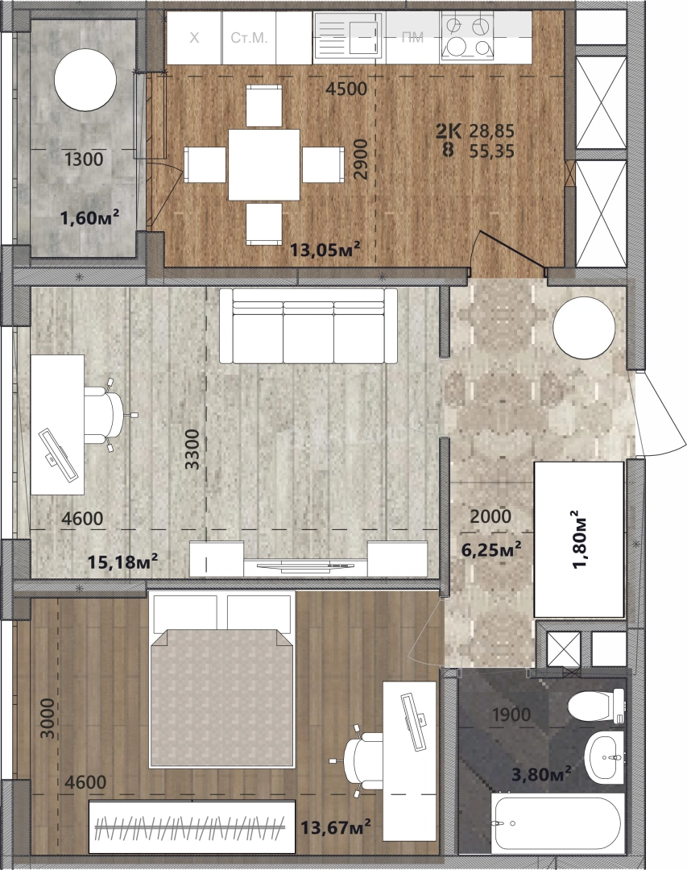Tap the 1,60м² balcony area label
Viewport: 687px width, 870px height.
pyautogui.click(x=90, y=217)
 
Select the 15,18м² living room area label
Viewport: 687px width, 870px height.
pyautogui.click(x=122, y=561)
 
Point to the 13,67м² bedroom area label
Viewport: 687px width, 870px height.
pyautogui.click(x=336, y=828)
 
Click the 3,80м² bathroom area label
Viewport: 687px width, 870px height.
pyautogui.click(x=541, y=773)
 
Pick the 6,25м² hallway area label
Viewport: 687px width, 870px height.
pyautogui.click(x=491, y=549)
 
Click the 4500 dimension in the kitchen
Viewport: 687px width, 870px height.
pyautogui.click(x=346, y=89)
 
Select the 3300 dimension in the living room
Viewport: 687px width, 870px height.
pyautogui.click(x=192, y=449)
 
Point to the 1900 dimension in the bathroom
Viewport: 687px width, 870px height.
pyautogui.click(x=511, y=715)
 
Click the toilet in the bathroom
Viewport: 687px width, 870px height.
pyautogui.click(x=597, y=705)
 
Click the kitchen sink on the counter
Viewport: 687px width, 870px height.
pyautogui.click(x=349, y=35)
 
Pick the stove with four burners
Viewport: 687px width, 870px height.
pyautogui.click(x=467, y=36)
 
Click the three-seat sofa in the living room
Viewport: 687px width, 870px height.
pyautogui.click(x=308, y=325)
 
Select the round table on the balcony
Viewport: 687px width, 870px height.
pyautogui.click(x=85, y=79)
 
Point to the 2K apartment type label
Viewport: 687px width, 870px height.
pyautogui.click(x=449, y=131)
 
